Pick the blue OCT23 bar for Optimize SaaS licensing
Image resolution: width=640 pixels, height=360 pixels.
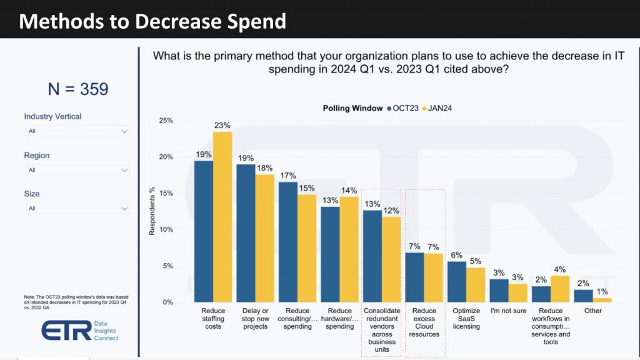pyautogui.click(x=457, y=282)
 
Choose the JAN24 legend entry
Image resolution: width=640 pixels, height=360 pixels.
pyautogui.click(x=437, y=108)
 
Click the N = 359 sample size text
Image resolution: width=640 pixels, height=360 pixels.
pyautogui.click(x=78, y=89)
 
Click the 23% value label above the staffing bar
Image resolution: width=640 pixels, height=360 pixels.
pyautogui.click(x=222, y=125)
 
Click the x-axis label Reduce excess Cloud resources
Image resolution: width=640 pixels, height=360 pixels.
pyautogui.click(x=424, y=322)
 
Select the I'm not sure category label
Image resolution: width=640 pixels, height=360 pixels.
pyautogui.click(x=507, y=311)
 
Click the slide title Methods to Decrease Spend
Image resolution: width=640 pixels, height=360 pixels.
pyautogui.click(x=152, y=21)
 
